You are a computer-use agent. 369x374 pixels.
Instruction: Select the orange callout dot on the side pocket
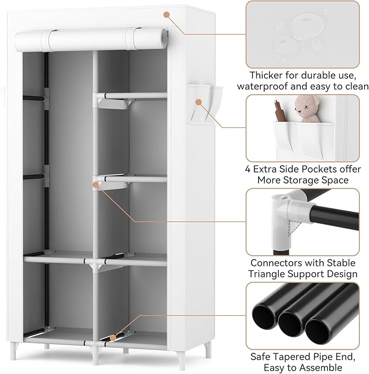pos(199,102)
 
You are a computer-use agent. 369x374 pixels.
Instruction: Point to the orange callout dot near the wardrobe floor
pos(115,338)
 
